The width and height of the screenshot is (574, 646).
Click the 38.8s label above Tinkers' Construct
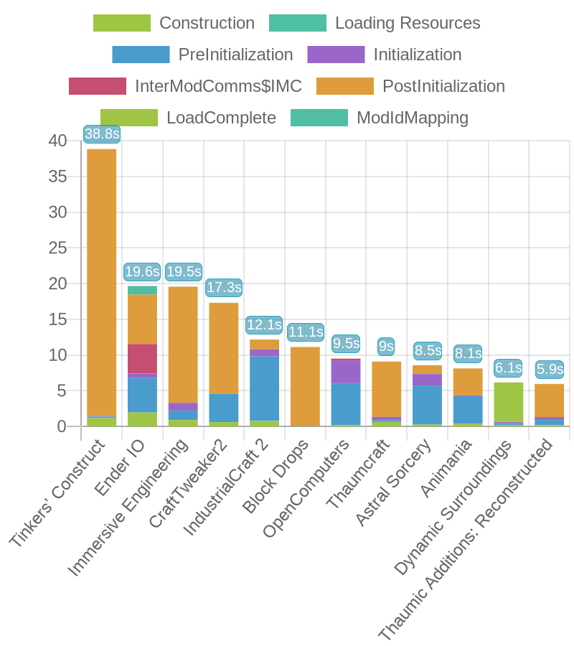coord(101,134)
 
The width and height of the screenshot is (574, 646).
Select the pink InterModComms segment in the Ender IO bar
coord(142,357)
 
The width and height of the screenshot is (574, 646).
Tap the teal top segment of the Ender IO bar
coord(142,290)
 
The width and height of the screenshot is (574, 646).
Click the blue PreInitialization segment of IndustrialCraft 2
coord(264,388)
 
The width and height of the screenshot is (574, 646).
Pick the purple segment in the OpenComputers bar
coord(346,370)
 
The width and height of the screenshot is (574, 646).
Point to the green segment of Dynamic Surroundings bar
coord(509,401)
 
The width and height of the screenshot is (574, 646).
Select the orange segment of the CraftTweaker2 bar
coord(223,347)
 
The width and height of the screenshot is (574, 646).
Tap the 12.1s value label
coord(264,324)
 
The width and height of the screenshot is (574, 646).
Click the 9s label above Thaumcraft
coord(386,347)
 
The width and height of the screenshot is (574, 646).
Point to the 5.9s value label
coord(550,369)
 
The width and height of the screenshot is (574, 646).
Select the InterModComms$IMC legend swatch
coord(98,86)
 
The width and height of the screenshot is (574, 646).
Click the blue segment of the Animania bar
coord(468,409)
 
